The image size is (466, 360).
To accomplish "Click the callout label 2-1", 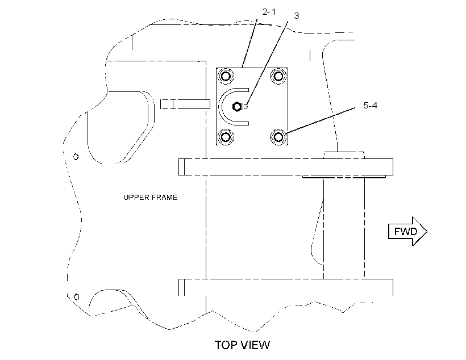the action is click(269, 12).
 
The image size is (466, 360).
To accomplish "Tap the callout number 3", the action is click(296, 16).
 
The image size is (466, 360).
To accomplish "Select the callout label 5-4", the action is click(370, 106).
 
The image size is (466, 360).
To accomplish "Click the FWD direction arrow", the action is click(408, 231).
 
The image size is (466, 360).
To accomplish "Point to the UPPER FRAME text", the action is click(151, 198).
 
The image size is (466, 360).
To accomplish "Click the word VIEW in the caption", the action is click(255, 345).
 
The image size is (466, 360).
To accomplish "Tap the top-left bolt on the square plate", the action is click(226, 76).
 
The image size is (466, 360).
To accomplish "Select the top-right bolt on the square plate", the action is click(278, 76).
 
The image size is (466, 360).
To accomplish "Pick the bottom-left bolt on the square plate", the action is click(226, 137).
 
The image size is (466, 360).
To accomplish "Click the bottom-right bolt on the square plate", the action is click(278, 137).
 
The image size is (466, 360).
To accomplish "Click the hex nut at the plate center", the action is click(236, 107).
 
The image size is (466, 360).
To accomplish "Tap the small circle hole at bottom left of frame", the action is click(77, 297).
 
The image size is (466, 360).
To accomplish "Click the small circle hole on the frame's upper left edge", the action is click(76, 157).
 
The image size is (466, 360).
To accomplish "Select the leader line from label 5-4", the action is click(320, 120).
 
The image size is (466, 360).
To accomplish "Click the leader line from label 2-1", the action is click(250, 43).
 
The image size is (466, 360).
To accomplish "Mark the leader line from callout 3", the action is click(267, 64).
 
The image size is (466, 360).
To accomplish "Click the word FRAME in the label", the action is click(164, 198).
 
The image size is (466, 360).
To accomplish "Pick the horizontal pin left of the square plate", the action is click(185, 104).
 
